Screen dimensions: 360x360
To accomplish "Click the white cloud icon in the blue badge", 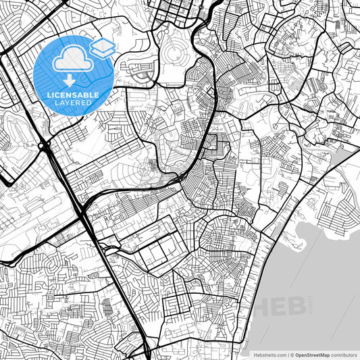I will (73, 61).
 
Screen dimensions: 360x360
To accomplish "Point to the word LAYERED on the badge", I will (74, 103).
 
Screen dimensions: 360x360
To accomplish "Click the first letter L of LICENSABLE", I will (49, 95).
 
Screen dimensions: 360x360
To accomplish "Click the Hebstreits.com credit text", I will (267, 355).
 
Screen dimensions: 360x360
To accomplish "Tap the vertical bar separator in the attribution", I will (288, 355).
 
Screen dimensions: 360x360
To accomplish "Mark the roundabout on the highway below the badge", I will (43, 145).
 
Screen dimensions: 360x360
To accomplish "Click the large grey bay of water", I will (317, 270).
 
